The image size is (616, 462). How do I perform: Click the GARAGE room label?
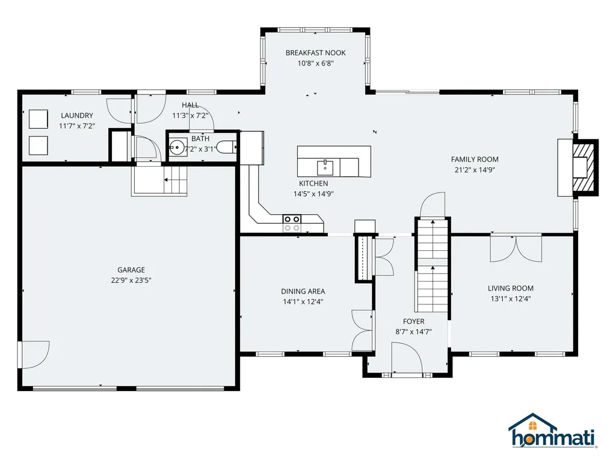tap(131, 270)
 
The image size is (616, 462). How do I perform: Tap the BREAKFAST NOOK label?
tap(315, 53)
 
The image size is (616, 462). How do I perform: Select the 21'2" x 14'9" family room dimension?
tap(475, 170)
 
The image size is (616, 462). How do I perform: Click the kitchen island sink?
tap(325, 168)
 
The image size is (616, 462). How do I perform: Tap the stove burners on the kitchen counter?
tap(292, 223)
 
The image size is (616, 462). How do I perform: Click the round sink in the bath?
tap(177, 148)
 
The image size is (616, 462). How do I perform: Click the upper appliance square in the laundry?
tap(38, 119)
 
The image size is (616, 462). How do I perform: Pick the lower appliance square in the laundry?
tap(38, 146)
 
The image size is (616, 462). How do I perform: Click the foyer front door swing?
tap(407, 357)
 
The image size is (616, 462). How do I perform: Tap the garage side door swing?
tap(35, 355)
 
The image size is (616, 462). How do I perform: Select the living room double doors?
tap(516, 248)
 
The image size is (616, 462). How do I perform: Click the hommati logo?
tap(552, 431)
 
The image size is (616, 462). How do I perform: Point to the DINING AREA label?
tap(303, 292)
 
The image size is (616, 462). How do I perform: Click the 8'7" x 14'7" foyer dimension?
tap(413, 331)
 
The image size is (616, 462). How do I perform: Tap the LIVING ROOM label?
tap(511, 288)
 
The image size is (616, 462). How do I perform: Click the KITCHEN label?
tap(313, 183)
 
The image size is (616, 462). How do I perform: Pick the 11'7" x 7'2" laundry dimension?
tap(77, 126)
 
